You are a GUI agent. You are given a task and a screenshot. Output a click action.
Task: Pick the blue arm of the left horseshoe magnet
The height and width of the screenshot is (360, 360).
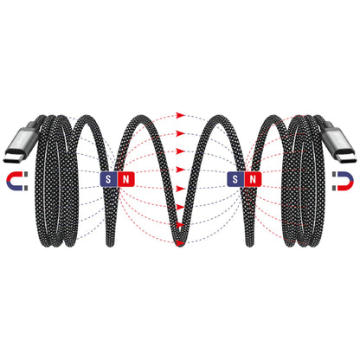(14, 188)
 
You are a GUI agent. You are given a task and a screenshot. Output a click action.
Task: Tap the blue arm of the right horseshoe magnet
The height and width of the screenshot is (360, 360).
(346, 176)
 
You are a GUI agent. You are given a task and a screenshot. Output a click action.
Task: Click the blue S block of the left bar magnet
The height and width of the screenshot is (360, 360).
(108, 179)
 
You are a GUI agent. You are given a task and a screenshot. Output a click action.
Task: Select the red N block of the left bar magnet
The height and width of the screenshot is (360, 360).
(125, 179)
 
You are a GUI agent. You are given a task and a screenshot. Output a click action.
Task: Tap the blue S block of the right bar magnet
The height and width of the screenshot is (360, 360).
(235, 179)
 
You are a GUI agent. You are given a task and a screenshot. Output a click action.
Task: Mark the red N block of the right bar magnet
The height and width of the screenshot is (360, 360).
(253, 179)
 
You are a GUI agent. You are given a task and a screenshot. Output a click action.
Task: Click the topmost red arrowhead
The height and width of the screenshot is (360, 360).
(181, 115)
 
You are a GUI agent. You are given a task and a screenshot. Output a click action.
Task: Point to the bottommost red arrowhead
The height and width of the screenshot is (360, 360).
(181, 243)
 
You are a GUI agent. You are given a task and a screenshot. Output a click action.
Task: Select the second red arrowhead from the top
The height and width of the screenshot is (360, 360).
(181, 133)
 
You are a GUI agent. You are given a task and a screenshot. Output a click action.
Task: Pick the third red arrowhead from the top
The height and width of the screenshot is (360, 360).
(181, 151)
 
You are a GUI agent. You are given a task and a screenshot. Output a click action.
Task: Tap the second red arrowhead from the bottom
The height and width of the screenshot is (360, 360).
(181, 224)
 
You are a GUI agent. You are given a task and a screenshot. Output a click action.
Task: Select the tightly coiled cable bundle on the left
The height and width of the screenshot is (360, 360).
(55, 181)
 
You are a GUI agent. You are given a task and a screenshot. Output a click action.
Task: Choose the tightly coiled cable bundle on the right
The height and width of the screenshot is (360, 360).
(304, 181)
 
